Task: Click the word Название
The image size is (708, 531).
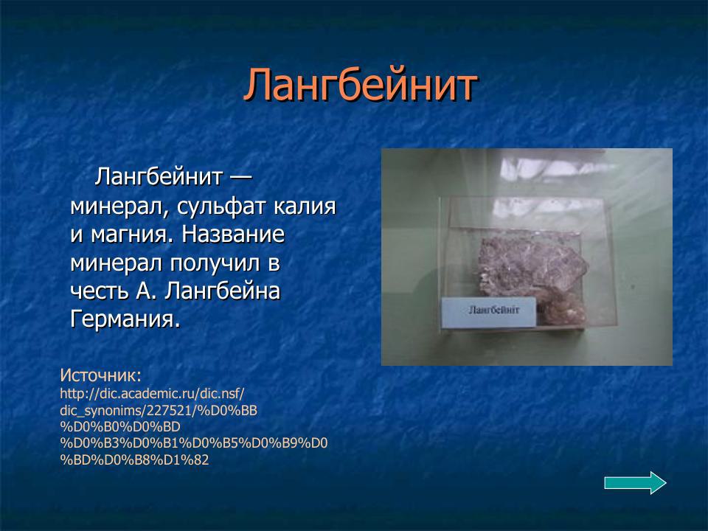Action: [x=233, y=236]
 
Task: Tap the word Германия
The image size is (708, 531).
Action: [x=125, y=320]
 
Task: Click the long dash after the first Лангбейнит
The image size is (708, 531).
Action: [x=240, y=179]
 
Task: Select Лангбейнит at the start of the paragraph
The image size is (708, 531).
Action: [x=159, y=178]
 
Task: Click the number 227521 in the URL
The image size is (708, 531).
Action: [x=170, y=409]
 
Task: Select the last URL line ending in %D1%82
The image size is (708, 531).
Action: [x=134, y=460]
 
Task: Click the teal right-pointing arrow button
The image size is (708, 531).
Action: [x=635, y=483]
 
